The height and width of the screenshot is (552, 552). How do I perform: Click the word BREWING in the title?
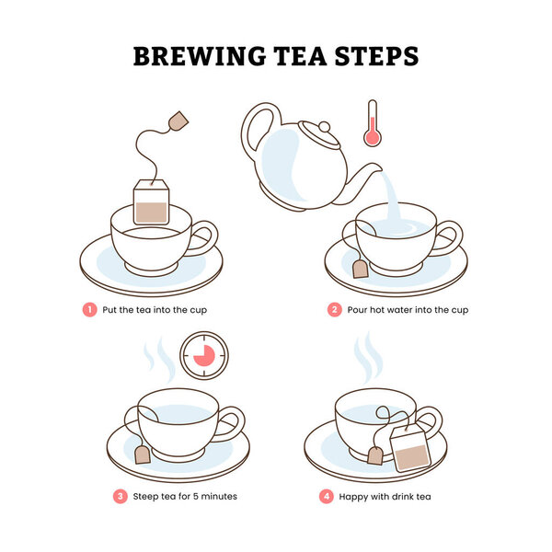[200, 56]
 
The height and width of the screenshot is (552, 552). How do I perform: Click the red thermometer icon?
[373, 123]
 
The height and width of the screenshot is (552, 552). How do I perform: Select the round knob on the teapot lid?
[324, 127]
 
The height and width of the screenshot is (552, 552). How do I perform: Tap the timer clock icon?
[204, 355]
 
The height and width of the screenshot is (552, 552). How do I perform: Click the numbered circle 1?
[90, 310]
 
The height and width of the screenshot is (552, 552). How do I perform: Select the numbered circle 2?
[335, 310]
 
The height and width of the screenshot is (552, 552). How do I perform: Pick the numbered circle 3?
[120, 497]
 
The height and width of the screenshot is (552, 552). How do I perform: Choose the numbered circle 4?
[327, 497]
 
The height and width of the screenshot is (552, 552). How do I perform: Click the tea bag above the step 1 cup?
[152, 202]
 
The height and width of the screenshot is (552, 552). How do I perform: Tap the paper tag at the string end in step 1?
[178, 121]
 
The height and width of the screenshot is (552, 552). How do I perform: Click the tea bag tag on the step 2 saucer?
[361, 270]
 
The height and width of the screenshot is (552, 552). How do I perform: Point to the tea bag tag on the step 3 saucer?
[143, 454]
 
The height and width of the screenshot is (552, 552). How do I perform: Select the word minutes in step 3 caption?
[219, 497]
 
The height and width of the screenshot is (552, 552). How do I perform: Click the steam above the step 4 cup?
[369, 356]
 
